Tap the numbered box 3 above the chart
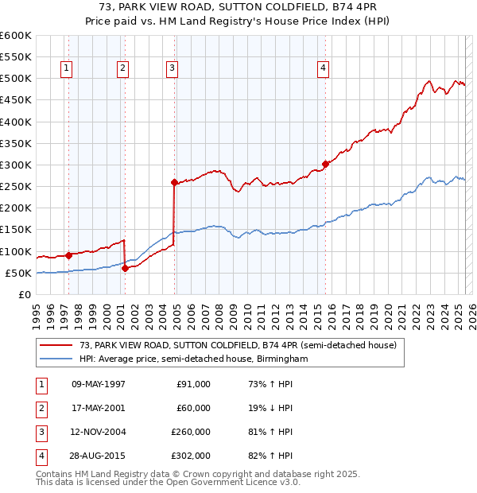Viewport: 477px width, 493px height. click(x=172, y=69)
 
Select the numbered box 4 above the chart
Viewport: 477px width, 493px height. click(x=324, y=69)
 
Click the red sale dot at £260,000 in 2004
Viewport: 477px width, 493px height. click(x=174, y=183)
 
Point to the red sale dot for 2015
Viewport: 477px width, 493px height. click(x=325, y=165)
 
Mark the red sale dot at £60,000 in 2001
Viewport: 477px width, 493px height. click(x=125, y=269)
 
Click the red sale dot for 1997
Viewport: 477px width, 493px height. click(x=68, y=255)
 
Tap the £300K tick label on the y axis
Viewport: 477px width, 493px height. click(x=16, y=165)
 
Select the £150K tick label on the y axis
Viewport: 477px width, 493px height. click(x=16, y=230)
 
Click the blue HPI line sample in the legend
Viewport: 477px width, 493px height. click(x=56, y=359)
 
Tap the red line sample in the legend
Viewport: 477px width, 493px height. click(x=56, y=345)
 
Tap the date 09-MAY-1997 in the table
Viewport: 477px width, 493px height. click(x=99, y=384)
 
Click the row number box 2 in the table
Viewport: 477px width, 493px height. click(x=40, y=408)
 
